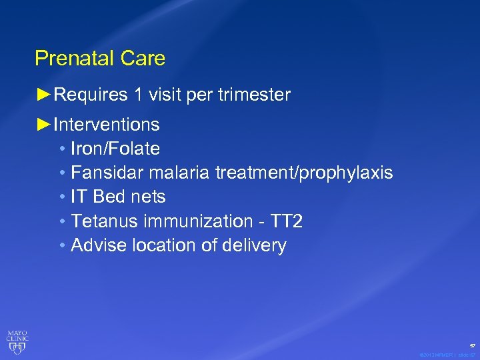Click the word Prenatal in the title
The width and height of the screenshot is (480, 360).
click(x=75, y=59)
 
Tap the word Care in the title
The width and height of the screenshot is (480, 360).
click(x=143, y=59)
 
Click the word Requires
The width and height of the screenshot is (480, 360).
click(x=91, y=95)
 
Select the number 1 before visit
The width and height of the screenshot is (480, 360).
click(x=137, y=95)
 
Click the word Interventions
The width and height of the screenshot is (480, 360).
click(x=107, y=125)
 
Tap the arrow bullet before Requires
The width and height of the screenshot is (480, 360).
click(x=43, y=95)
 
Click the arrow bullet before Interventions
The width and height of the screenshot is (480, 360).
click(x=43, y=125)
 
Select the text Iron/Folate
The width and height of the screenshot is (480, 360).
click(x=115, y=149)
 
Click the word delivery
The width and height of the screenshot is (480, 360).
click(x=255, y=246)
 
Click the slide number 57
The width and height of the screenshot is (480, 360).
click(x=473, y=346)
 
